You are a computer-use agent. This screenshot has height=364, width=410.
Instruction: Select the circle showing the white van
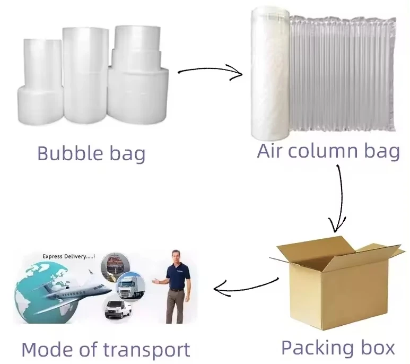[x=118, y=309]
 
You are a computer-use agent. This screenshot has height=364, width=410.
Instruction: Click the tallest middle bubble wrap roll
[x=85, y=74]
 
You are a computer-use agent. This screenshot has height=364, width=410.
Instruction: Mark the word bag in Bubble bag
[x=126, y=154]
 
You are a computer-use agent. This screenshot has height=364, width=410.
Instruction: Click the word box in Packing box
[x=377, y=348]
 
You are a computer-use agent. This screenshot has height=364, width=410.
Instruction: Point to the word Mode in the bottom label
[x=50, y=350]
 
